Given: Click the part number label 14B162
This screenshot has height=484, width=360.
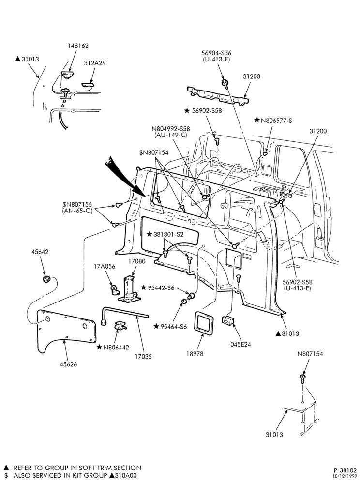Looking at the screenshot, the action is pos(78,45).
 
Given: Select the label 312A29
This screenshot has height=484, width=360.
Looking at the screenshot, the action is pos(95,63).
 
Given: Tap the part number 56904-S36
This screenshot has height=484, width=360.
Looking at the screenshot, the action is pos(216,53).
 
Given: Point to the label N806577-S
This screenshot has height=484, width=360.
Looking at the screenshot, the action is pos(276,121).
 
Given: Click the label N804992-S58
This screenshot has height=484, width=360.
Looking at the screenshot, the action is pos(171,129).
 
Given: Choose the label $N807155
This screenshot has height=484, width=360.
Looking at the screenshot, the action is pos(77,205).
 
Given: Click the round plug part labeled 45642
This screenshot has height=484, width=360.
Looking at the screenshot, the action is pos(46,280).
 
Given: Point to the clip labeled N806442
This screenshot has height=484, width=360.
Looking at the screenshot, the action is pos(120,326).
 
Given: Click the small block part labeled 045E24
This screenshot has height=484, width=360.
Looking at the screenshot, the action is pos(228,320).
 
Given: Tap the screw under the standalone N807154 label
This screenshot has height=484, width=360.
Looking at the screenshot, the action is pos(302,379).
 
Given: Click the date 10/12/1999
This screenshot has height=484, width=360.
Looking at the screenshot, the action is pos(345,477).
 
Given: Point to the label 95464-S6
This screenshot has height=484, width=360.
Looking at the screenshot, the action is pos(174,327).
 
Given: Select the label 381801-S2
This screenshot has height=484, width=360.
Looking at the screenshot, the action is pos(168,235).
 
